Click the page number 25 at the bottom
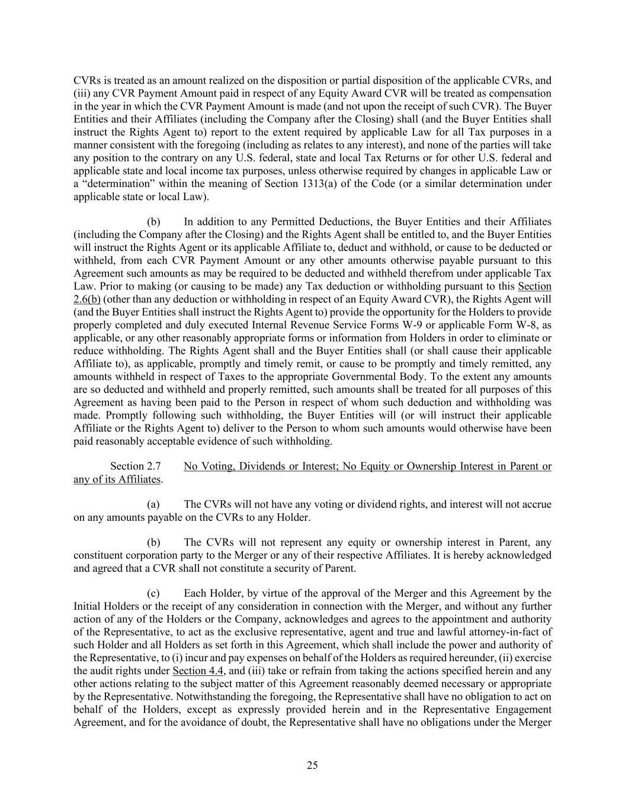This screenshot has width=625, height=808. point(312,765)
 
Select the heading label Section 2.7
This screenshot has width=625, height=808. point(135,466)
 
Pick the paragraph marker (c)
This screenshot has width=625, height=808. point(153,594)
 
